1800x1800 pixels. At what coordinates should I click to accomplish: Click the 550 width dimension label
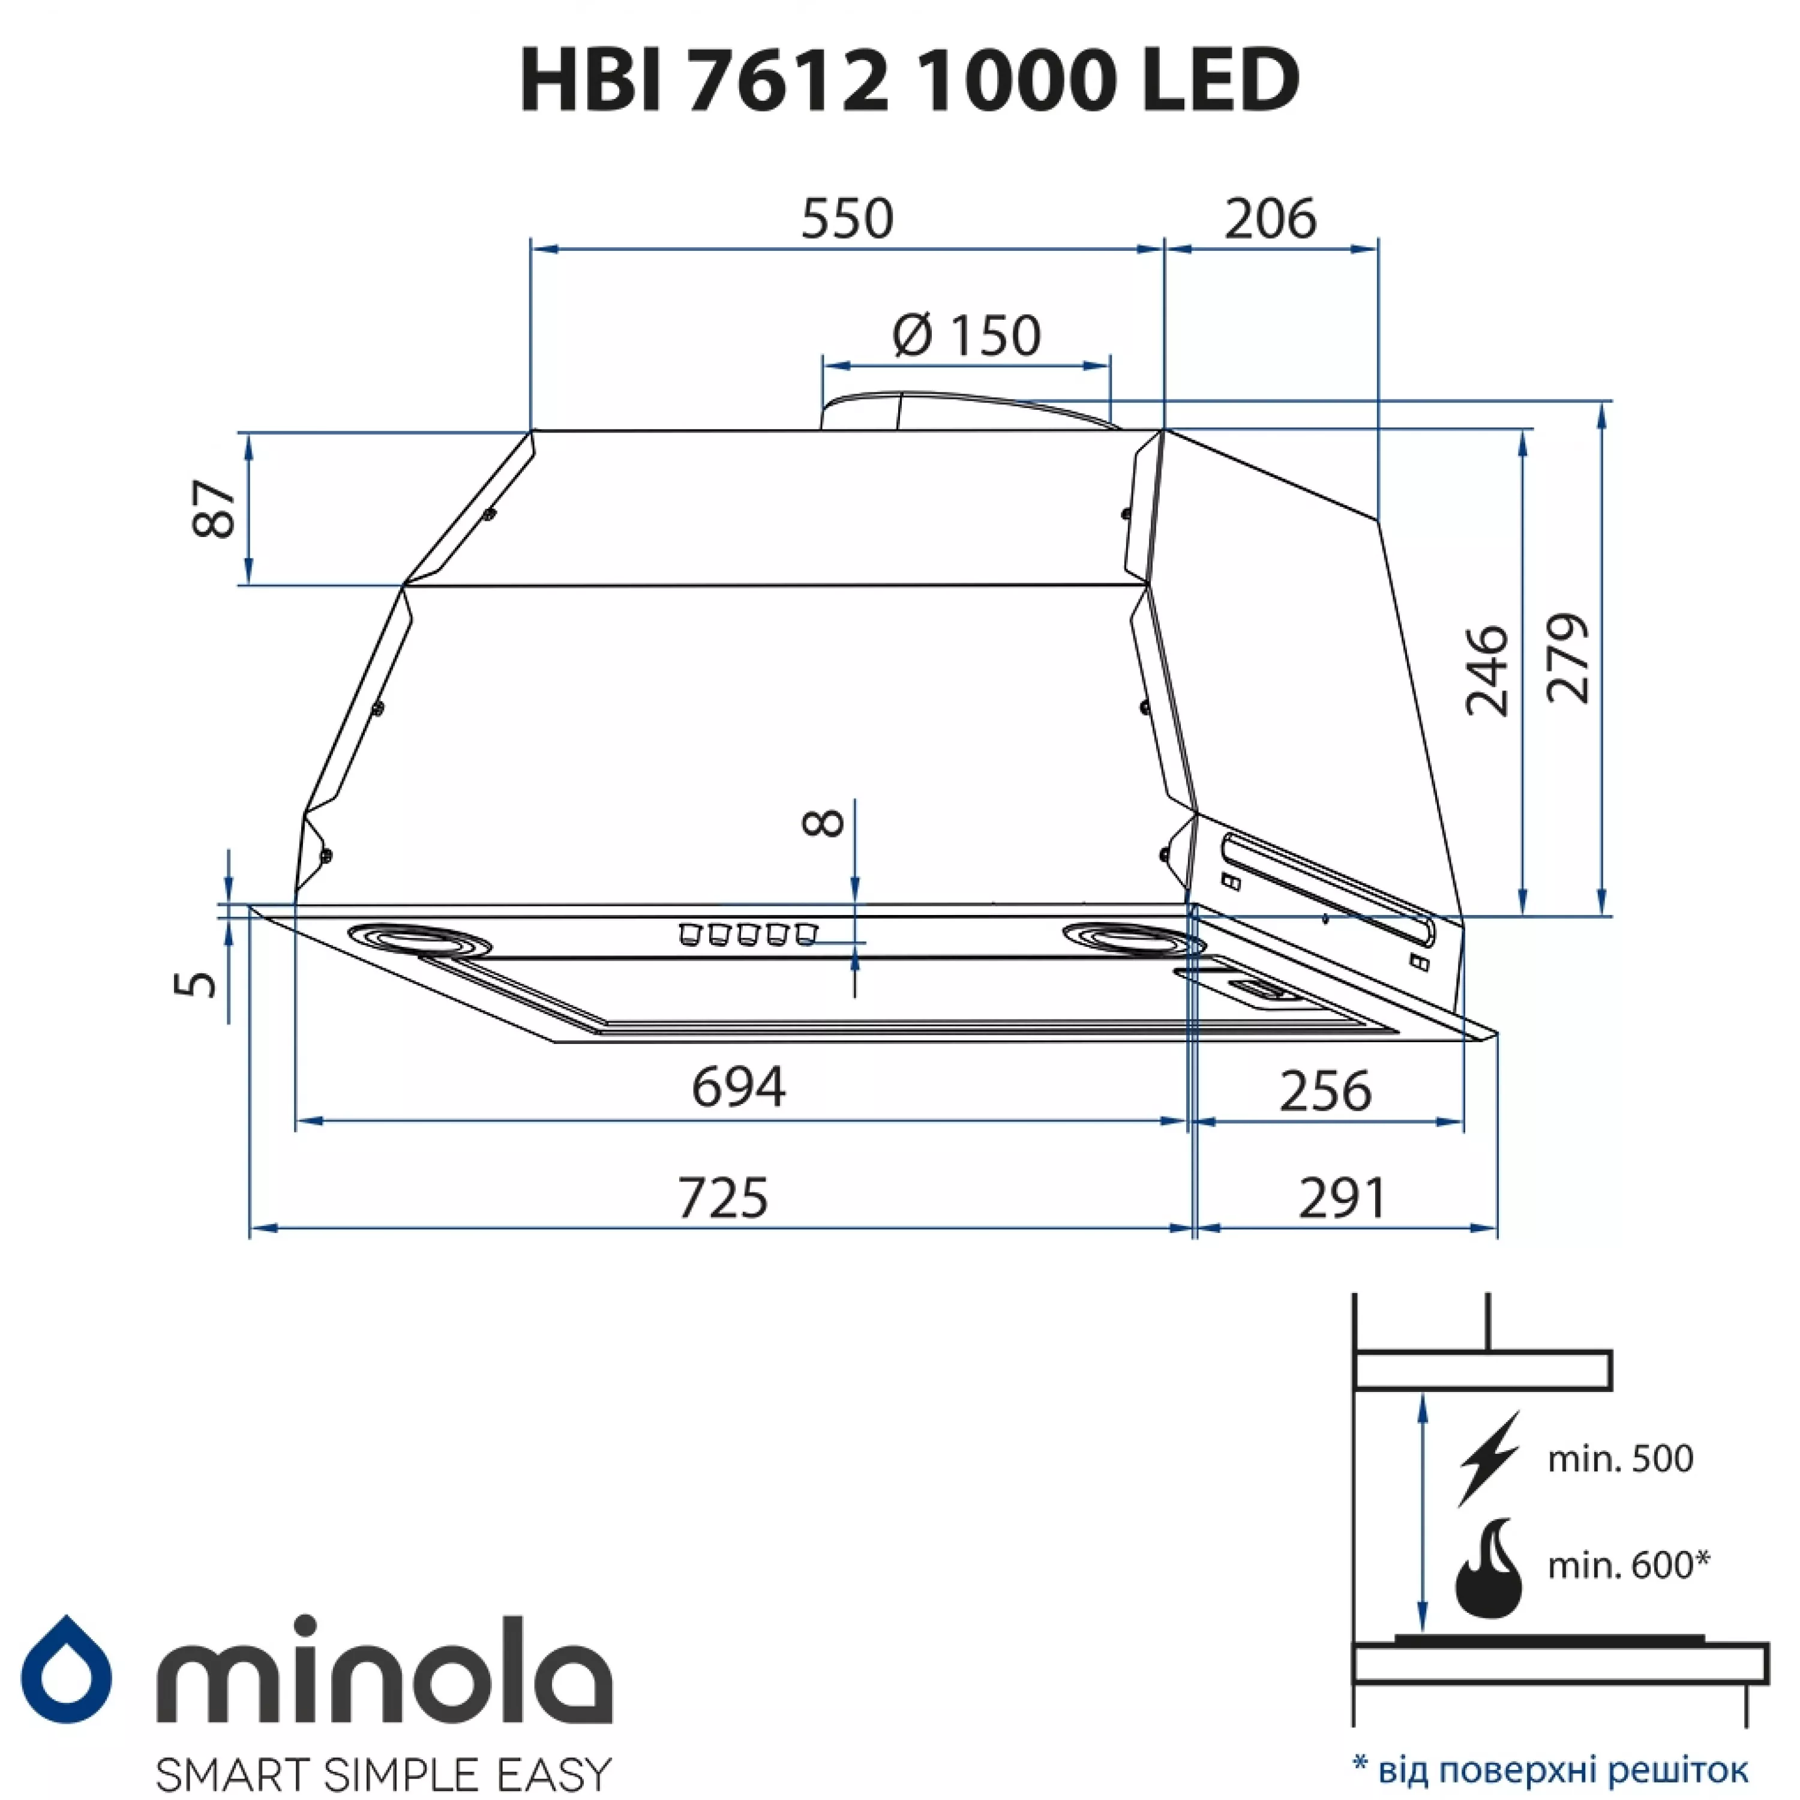point(847,219)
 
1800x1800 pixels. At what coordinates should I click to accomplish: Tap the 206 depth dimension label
point(1270,219)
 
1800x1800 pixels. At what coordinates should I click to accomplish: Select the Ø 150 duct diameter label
point(966,335)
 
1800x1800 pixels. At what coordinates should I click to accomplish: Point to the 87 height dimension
point(214,509)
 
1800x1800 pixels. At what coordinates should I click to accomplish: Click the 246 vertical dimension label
point(1486,671)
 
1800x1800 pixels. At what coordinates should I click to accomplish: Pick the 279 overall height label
point(1567,658)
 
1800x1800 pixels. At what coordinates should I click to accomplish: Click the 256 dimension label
point(1325,1091)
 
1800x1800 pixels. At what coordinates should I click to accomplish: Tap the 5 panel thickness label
point(196,983)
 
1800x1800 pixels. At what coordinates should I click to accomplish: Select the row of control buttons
point(747,934)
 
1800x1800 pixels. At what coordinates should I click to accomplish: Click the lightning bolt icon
point(1489,1458)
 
